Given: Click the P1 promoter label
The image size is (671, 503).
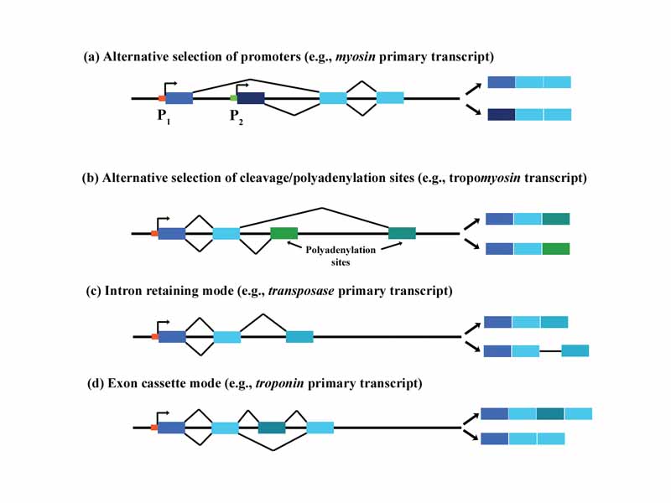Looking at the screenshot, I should click(x=164, y=116).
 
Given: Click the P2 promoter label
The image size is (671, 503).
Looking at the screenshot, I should click(x=237, y=117).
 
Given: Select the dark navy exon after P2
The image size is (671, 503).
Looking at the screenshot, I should click(x=251, y=98).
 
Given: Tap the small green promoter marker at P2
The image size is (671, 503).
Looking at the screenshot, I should click(x=234, y=98).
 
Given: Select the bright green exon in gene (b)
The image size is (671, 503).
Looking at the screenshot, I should click(x=283, y=233).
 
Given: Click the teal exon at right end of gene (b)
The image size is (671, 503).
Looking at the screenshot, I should click(x=402, y=233).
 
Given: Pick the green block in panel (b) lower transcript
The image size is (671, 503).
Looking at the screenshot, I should click(x=555, y=248).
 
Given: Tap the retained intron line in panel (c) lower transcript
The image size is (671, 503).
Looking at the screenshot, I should click(x=549, y=351).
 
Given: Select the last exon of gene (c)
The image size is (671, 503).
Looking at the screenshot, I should click(x=299, y=336).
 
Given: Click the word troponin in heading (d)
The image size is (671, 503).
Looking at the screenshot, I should click(x=278, y=383).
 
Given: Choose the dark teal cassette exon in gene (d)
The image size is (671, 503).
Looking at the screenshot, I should click(x=272, y=428).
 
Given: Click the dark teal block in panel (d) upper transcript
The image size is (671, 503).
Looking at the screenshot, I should click(x=550, y=413).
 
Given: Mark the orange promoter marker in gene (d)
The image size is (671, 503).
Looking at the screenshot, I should click(x=153, y=428).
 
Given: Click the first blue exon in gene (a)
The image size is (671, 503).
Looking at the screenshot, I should click(x=179, y=98).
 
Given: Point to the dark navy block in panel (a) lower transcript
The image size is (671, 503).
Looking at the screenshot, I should click(x=501, y=114).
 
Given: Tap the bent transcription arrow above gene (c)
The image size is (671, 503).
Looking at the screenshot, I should click(x=162, y=323).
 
